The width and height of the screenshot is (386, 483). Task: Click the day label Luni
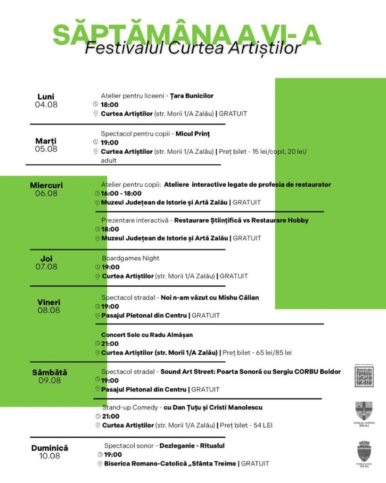pyautogui.click(x=46, y=97)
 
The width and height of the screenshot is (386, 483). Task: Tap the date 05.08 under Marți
pyautogui.click(x=46, y=149)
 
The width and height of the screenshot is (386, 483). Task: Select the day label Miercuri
pyautogui.click(x=46, y=185)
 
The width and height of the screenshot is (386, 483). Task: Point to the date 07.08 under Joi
pyautogui.click(x=46, y=266)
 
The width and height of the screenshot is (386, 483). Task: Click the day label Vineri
pyautogui.click(x=49, y=302)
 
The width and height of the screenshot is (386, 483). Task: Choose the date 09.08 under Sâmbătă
pyautogui.click(x=49, y=380)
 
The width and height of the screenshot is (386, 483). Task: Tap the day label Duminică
pyautogui.click(x=49, y=448)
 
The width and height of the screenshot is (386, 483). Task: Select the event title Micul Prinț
pyautogui.click(x=193, y=133)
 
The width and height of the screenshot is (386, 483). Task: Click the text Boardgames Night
pyautogui.click(x=131, y=258)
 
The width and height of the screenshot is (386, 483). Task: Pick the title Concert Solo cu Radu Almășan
pyautogui.click(x=147, y=335)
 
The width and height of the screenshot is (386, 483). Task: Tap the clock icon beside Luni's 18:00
pyautogui.click(x=95, y=104)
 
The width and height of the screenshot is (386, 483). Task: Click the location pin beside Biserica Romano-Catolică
pyautogui.click(x=100, y=464)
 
